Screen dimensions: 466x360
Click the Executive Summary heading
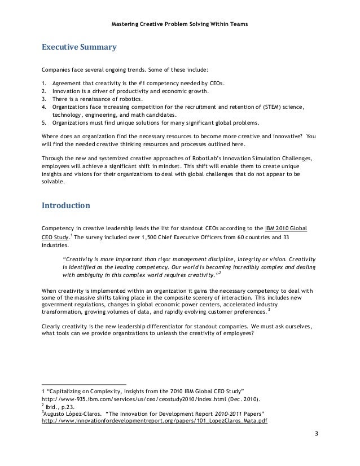point(79,47)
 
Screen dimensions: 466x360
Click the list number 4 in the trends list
point(44,105)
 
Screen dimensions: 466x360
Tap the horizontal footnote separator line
point(84,384)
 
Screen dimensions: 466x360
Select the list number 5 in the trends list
point(44,121)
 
